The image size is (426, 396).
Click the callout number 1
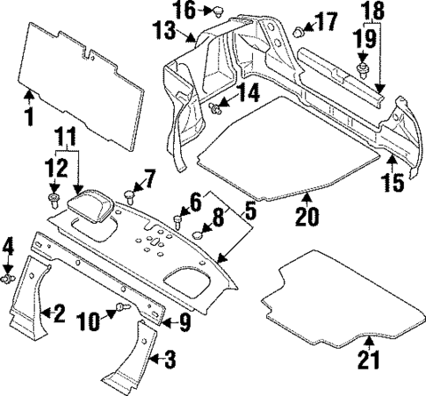click(x=29, y=115)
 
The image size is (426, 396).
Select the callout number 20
click(x=306, y=216)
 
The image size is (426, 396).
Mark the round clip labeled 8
click(x=200, y=233)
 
